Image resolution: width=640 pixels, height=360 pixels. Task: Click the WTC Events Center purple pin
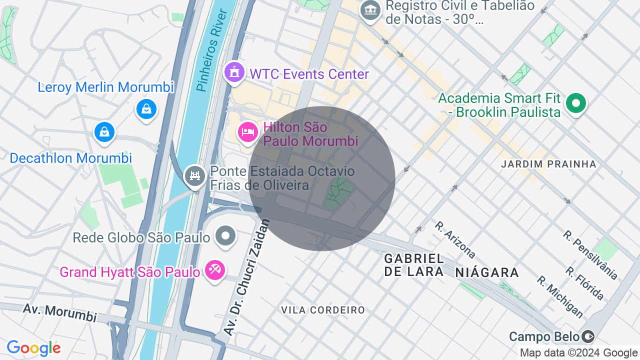[x=234, y=72]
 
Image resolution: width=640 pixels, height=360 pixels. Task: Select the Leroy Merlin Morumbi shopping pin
[x=146, y=108]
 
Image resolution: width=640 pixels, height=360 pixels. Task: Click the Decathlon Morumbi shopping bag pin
[x=104, y=132]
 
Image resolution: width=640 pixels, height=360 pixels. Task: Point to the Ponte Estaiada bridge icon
[x=195, y=176]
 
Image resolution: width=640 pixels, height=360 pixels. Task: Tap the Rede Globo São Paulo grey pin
[x=225, y=235]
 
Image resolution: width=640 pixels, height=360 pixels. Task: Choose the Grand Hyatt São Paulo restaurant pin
[x=215, y=270]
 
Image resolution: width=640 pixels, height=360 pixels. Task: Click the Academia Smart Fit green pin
[x=576, y=104]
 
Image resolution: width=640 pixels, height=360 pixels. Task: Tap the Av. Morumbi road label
[x=59, y=312]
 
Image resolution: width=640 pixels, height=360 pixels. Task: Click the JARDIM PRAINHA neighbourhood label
[x=548, y=164]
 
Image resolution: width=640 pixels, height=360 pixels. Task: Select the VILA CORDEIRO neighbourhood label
[x=323, y=310]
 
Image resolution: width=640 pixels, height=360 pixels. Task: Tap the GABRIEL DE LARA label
[x=414, y=265]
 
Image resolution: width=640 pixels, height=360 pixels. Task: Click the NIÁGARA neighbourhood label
[x=487, y=272]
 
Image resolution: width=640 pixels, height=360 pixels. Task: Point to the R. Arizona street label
[x=455, y=240]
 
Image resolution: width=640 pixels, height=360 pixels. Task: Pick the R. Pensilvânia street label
[x=590, y=255]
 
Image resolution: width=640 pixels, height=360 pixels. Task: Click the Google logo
[x=33, y=348]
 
